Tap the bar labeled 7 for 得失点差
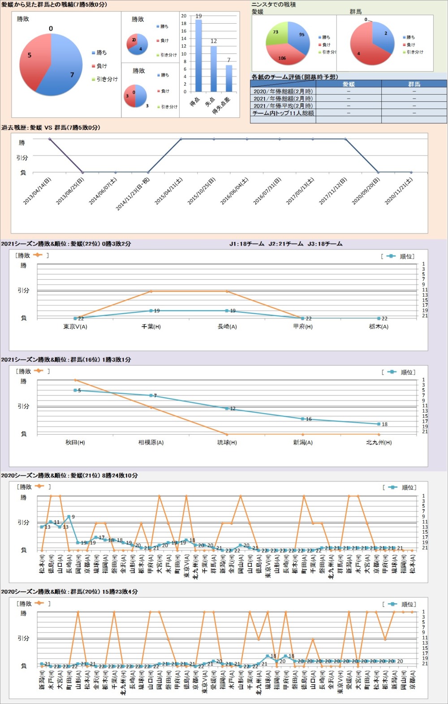pyautogui.click(x=229, y=78)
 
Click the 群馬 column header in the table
pyautogui.click(x=414, y=84)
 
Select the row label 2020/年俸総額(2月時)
pyautogui.click(x=283, y=91)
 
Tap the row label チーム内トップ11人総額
pyautogui.click(x=283, y=113)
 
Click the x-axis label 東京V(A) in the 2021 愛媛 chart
pyautogui.click(x=75, y=327)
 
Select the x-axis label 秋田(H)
pyautogui.click(x=75, y=442)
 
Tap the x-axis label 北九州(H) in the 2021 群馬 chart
pyautogui.click(x=379, y=442)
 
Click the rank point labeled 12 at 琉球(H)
pyautogui.click(x=227, y=408)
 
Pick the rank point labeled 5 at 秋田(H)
pyautogui.click(x=75, y=390)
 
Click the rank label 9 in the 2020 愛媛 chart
pyautogui.click(x=73, y=517)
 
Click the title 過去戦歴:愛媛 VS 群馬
pyautogui.click(x=51, y=128)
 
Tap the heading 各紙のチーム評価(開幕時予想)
pyautogui.click(x=295, y=77)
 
